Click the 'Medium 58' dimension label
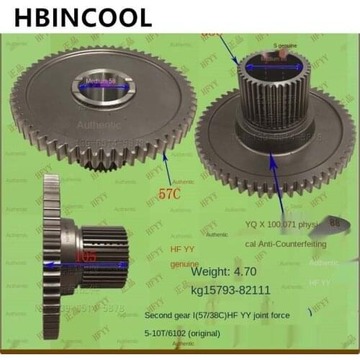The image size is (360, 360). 100,81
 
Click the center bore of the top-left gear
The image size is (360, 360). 101,90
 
